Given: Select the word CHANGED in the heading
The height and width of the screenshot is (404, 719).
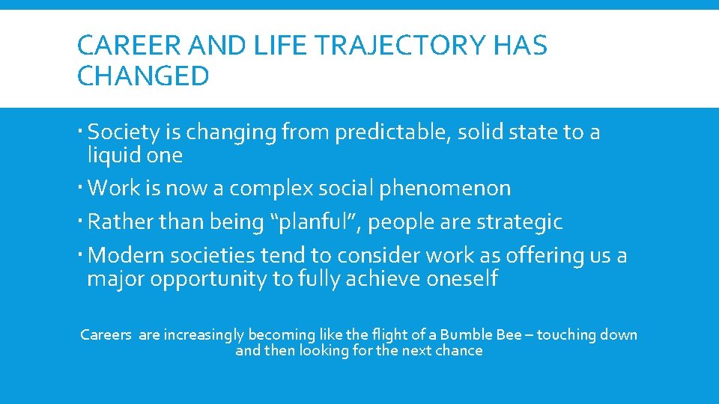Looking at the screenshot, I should point(143,76).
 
